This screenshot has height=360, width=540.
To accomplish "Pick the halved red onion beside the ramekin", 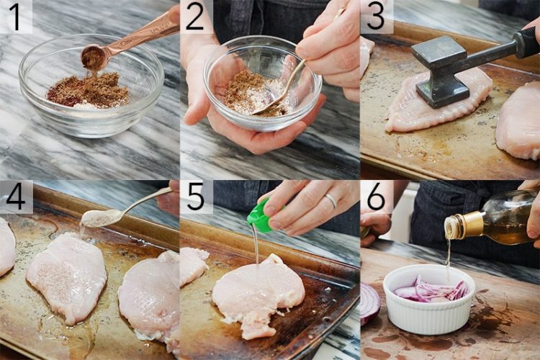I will pyautogui.click(x=369, y=302).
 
